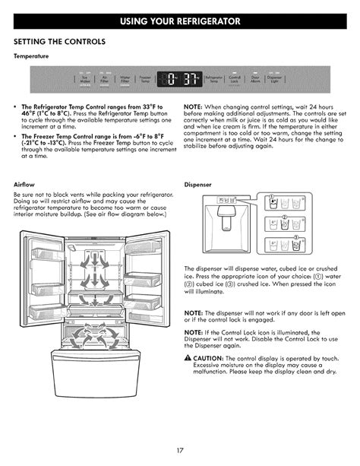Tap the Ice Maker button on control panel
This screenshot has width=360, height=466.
84,78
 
